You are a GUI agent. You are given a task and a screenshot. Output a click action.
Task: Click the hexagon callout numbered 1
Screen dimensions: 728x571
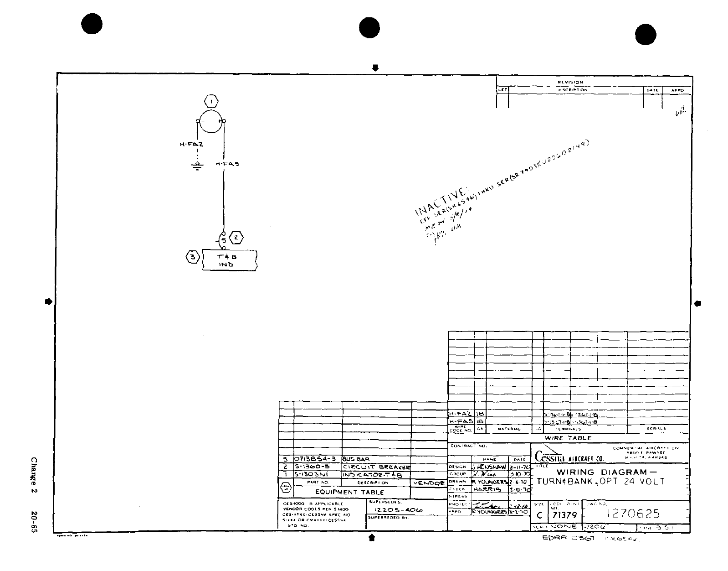[211, 101]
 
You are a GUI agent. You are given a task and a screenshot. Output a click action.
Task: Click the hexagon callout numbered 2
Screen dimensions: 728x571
[236, 238]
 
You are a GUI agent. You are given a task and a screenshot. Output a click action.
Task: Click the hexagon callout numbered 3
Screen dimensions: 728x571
[193, 257]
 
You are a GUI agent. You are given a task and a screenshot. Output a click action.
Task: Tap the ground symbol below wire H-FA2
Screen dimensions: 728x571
[197, 166]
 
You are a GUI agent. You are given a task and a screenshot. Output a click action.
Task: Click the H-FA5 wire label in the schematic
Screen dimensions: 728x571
[227, 164]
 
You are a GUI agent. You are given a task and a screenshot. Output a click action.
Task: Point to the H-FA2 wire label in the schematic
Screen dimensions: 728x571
[191, 144]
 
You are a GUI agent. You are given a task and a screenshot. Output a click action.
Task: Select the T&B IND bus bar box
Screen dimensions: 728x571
[230, 260]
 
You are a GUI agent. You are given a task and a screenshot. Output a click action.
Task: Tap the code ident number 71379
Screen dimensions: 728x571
[564, 515]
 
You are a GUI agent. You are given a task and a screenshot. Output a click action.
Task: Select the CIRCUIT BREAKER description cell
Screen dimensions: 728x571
[376, 467]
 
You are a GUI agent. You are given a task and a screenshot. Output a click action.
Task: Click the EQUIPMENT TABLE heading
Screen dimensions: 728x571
[349, 492]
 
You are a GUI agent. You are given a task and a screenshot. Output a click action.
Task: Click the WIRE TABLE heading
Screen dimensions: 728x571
[568, 438]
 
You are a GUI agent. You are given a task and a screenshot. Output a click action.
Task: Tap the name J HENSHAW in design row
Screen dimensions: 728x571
[489, 467]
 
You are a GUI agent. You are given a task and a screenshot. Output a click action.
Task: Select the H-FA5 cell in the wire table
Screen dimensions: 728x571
[461, 421]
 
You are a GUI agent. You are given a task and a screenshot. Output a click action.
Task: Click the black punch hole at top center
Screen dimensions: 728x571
[369, 28]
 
